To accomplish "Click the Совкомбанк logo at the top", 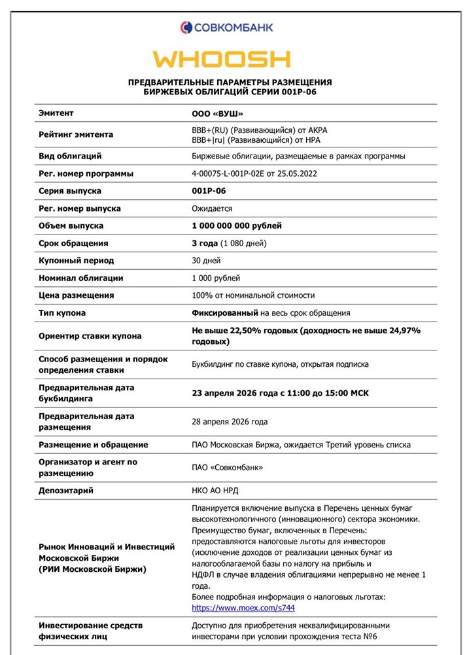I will [x=227, y=27].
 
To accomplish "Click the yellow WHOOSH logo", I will [x=222, y=59].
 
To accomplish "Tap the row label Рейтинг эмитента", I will [x=76, y=134].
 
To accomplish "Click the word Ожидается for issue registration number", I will [x=212, y=208].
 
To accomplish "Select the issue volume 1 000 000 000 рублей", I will [x=237, y=226].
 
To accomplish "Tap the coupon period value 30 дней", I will [x=207, y=261].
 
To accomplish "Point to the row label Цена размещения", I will [x=76, y=295].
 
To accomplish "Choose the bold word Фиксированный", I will [x=225, y=313].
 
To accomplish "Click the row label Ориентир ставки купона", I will [x=90, y=336].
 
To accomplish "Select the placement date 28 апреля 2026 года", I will [x=229, y=422].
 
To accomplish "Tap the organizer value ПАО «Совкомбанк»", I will [x=227, y=468].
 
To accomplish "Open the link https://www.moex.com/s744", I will [x=243, y=608].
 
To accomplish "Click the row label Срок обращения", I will [x=73, y=243].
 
